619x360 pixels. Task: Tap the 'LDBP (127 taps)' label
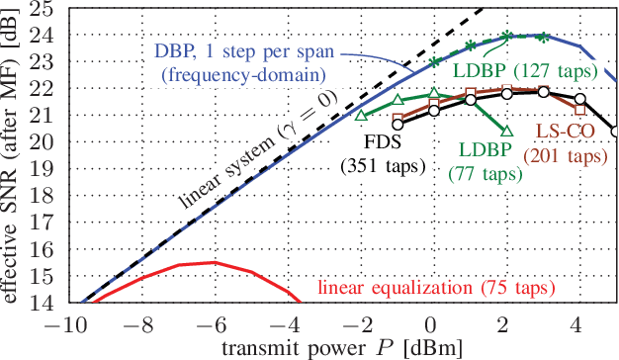coord(524,70)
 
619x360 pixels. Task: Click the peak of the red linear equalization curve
coord(213,262)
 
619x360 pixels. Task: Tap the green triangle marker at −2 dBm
coord(361,115)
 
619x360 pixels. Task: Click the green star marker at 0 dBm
coord(434,61)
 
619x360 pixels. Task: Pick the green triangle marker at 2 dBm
coord(507,130)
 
